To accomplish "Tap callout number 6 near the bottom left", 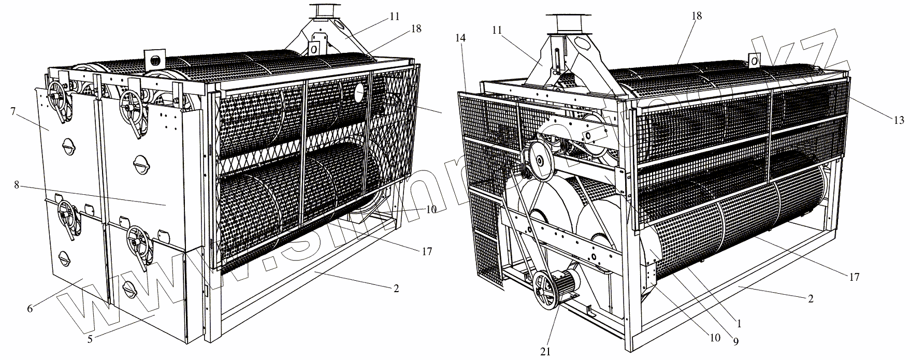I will coord(30,309).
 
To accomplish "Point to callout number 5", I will coord(90,339).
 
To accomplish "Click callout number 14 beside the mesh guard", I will coord(461,37).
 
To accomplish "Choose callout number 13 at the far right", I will coord(899,121).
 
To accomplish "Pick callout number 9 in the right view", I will coord(736,341).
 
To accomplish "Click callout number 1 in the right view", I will coord(739,324).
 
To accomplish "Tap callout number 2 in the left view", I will coord(396,289).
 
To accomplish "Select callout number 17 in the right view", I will coord(855,277).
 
